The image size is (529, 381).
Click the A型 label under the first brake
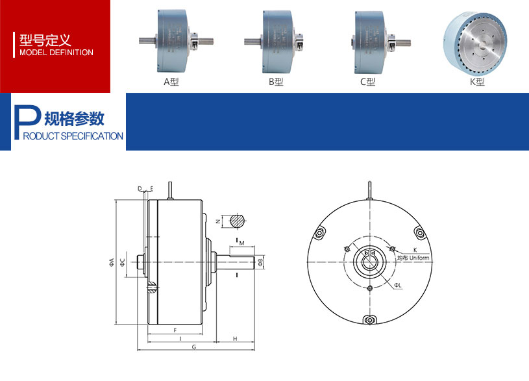(171, 82)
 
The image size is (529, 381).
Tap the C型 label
(368, 82)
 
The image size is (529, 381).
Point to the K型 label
(477, 82)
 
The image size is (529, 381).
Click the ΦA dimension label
(112, 262)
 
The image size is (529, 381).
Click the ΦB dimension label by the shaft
(260, 262)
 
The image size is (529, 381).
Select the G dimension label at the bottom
(193, 347)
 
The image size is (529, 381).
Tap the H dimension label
(234, 339)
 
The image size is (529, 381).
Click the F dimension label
(176, 330)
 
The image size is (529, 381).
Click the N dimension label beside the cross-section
(217, 221)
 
